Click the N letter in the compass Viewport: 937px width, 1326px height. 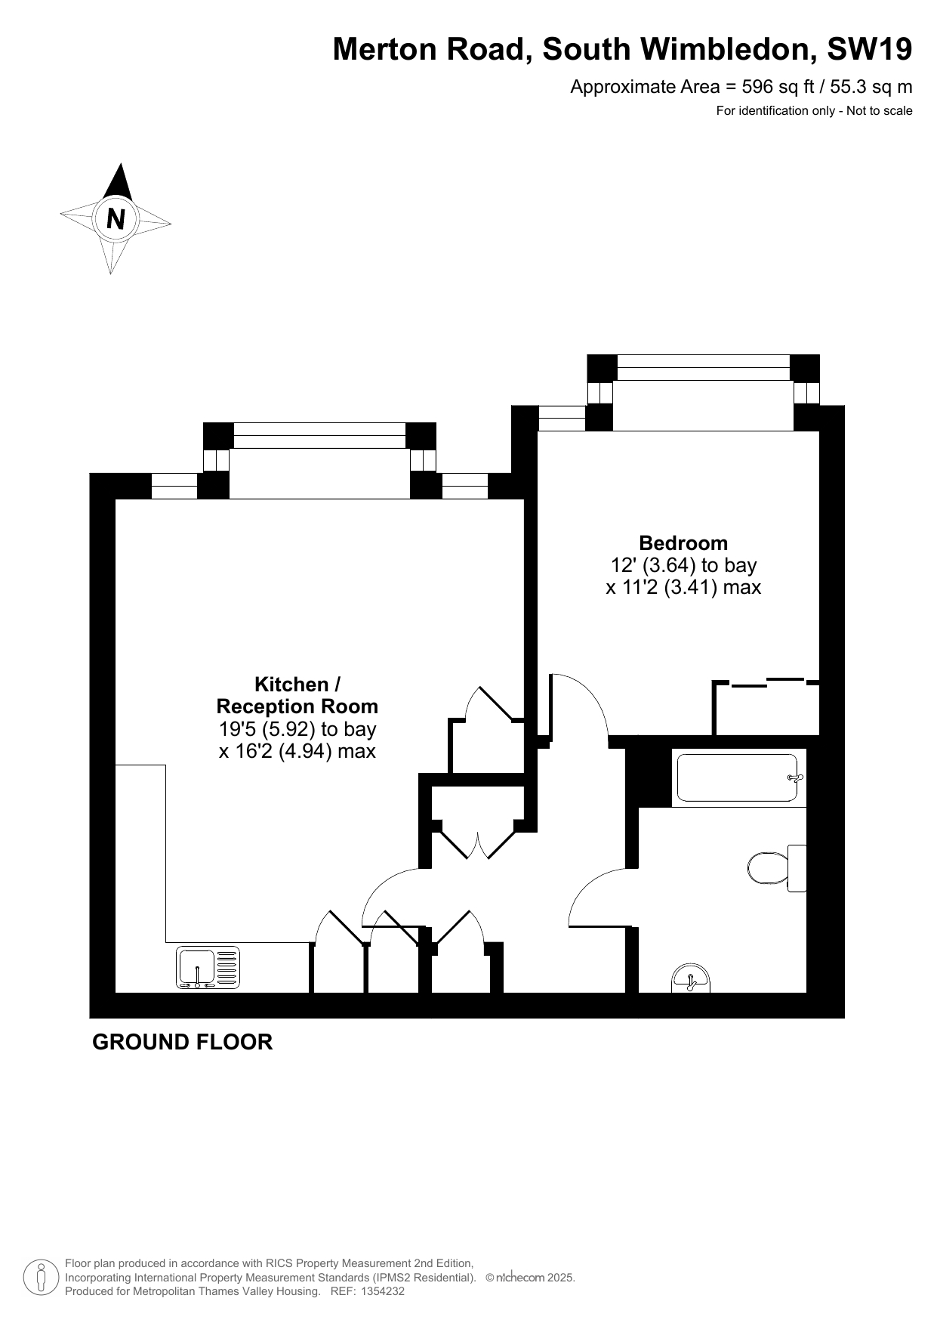116,219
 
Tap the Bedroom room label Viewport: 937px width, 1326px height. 683,542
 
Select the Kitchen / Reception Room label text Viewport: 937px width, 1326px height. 297,695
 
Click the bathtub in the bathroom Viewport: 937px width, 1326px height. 737,777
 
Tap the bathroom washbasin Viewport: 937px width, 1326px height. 690,978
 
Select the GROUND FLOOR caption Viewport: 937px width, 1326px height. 182,1042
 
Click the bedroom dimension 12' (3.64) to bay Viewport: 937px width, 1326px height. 683,565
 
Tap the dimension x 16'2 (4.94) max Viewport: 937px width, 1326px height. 297,751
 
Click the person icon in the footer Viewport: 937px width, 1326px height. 42,1278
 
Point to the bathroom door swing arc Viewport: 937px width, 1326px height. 589,884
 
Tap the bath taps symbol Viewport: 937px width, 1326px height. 794,777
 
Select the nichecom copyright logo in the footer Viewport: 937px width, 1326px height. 520,1278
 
